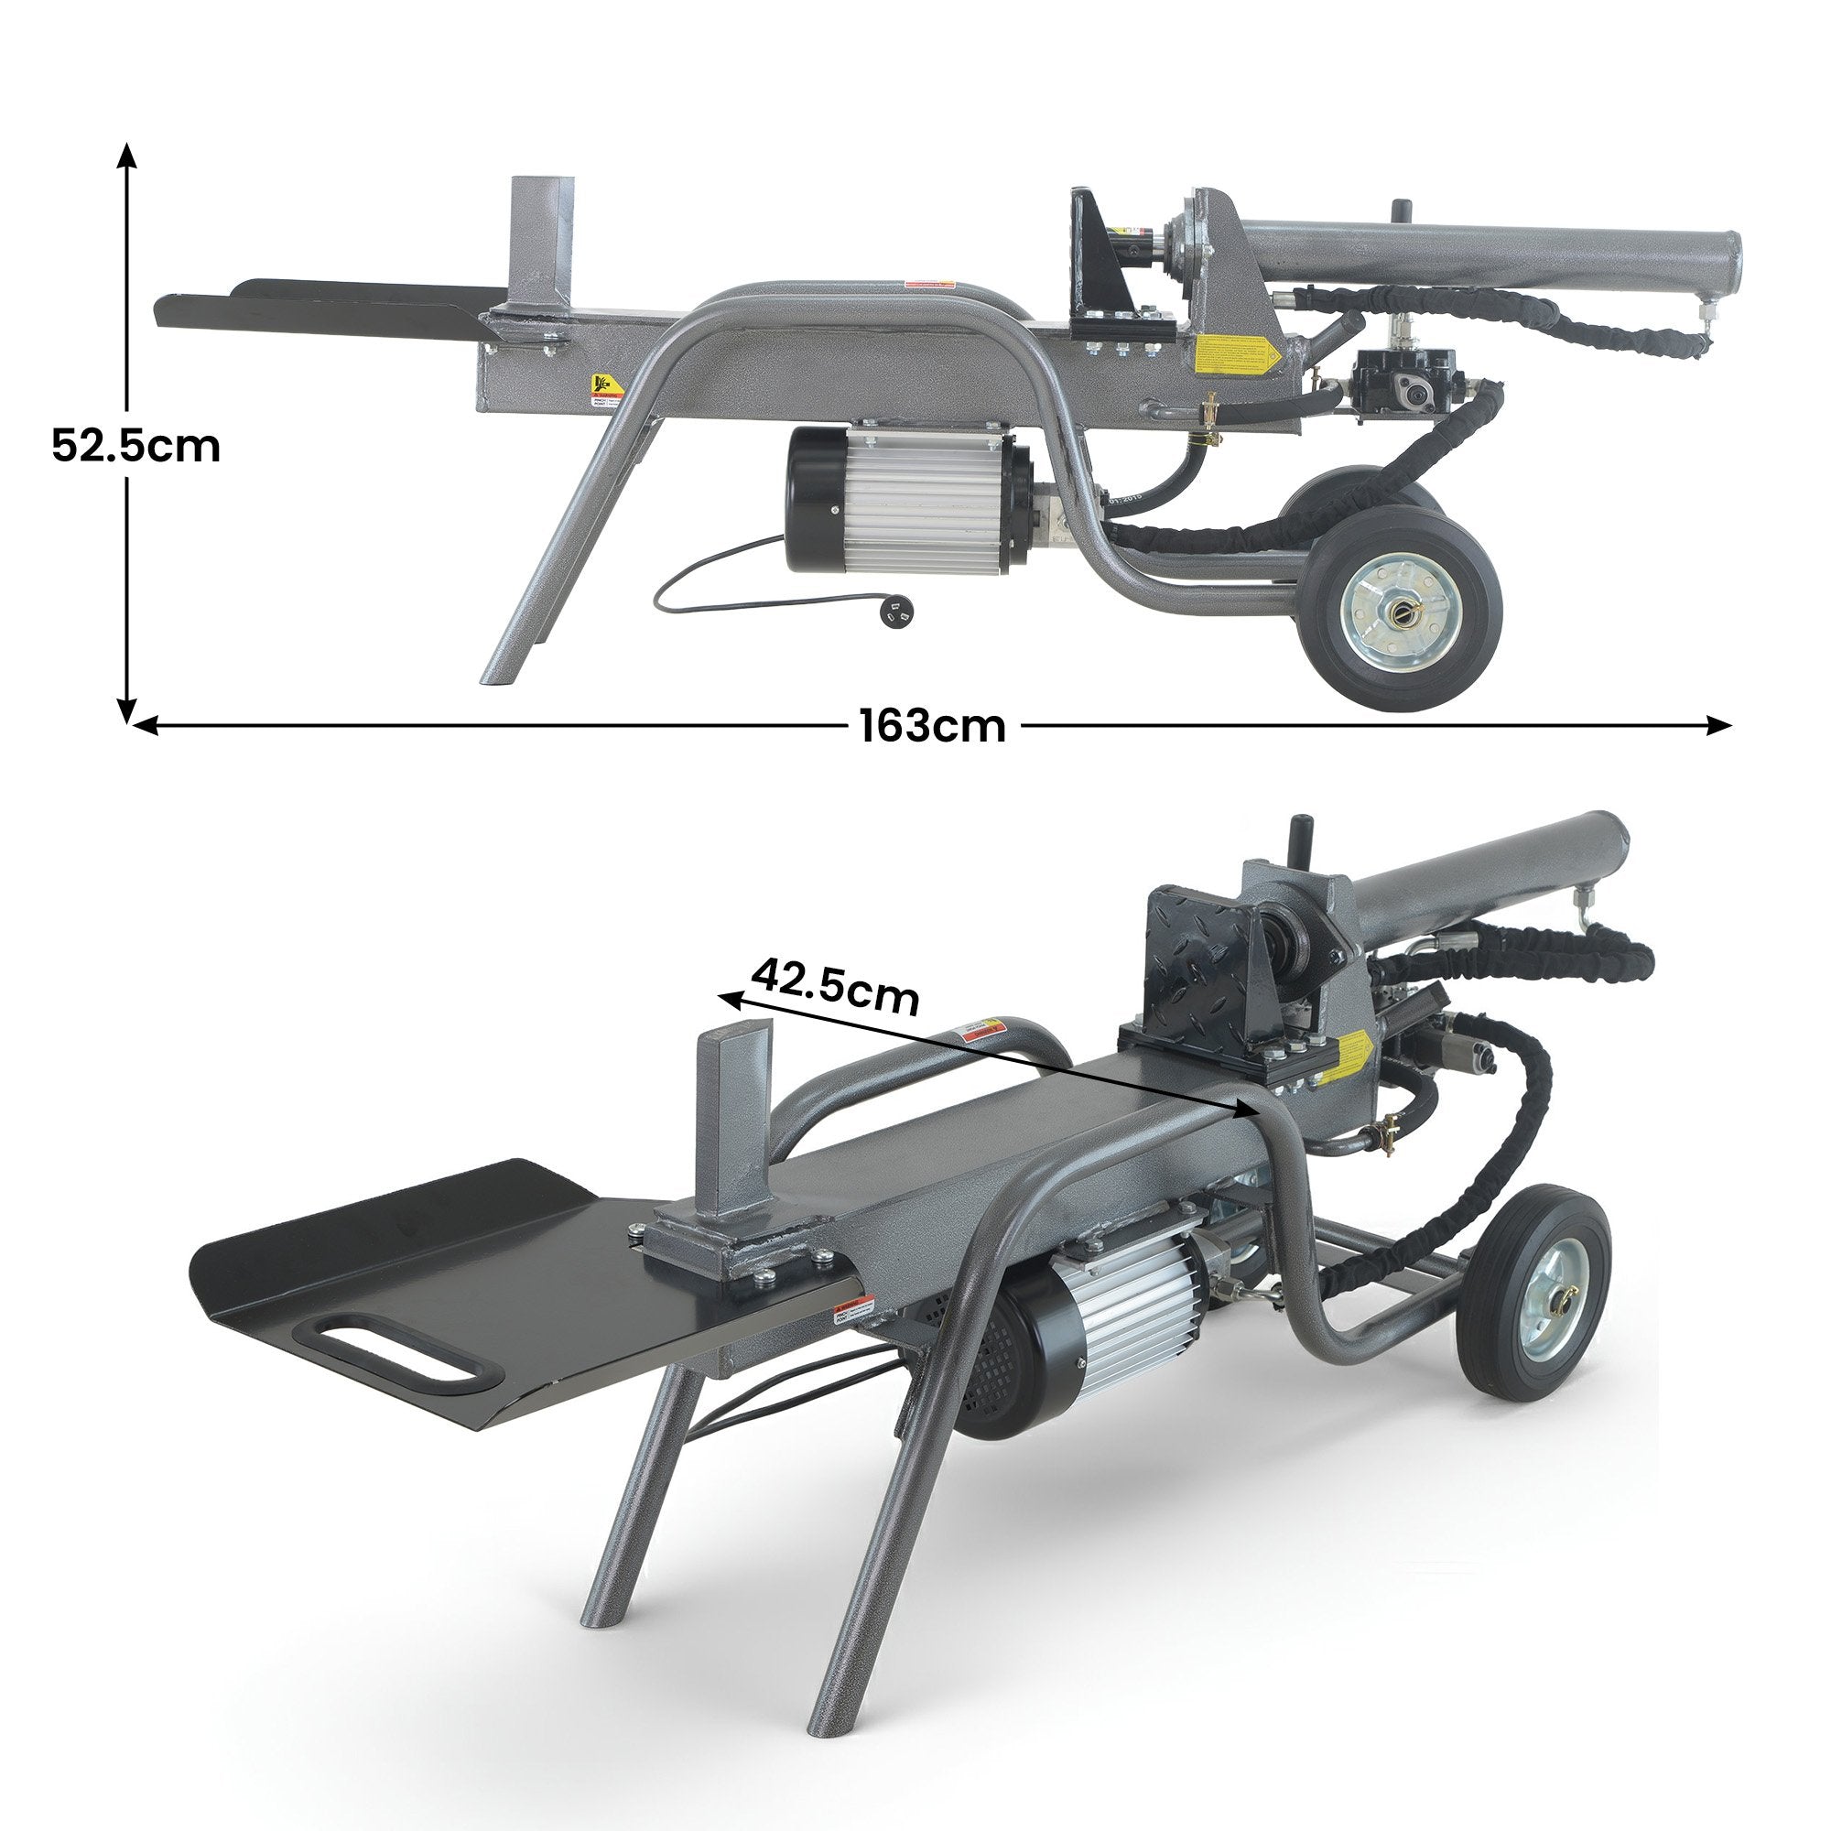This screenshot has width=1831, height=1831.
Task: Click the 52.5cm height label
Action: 135,446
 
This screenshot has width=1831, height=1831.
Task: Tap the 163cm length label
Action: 933,727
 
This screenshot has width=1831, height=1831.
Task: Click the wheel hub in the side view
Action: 1399,613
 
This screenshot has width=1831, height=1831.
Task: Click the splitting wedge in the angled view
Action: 733,1129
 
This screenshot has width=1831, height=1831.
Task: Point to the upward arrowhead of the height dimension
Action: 127,153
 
